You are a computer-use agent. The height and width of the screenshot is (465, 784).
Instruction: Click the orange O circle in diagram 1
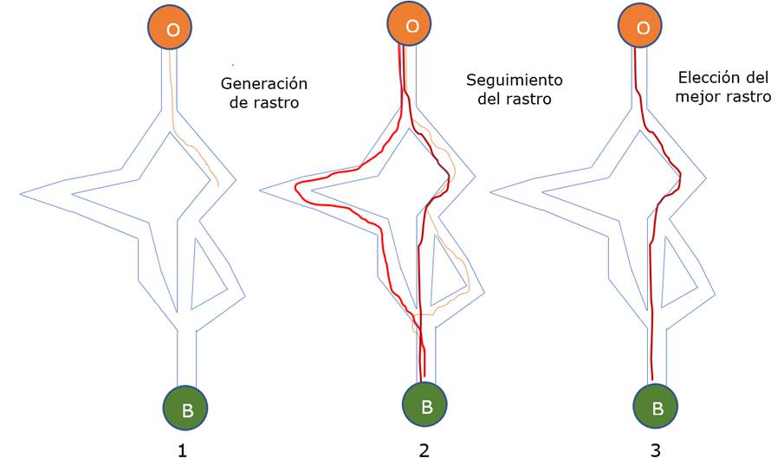point(172,29)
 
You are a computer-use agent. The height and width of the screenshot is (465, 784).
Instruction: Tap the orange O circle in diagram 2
point(411,26)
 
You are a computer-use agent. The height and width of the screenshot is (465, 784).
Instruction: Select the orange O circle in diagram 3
point(643,29)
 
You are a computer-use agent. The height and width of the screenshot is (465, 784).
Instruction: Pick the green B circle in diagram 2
point(425,404)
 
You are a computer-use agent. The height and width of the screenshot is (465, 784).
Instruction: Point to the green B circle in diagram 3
point(657,406)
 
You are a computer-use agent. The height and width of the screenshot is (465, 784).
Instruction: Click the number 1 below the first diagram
point(182,450)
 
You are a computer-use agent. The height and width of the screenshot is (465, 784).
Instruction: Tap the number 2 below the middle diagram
point(424,450)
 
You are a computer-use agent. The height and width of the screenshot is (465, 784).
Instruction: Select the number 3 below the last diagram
point(655,450)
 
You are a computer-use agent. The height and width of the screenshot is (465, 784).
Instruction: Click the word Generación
point(264,84)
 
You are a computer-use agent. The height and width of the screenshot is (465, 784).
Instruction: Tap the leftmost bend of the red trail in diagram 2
point(296,189)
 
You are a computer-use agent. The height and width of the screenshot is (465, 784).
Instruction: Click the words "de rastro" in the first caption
point(264,103)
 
